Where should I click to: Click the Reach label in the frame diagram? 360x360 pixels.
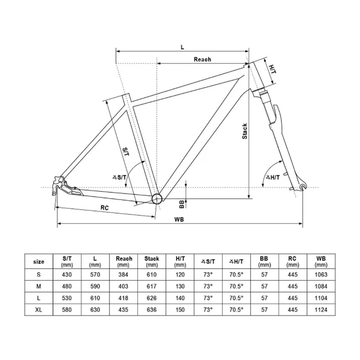(x=202, y=59)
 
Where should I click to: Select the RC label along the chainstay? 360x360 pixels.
(x=105, y=207)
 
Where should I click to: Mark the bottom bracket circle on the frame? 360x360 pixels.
(x=156, y=197)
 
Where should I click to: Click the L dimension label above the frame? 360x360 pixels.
(x=182, y=47)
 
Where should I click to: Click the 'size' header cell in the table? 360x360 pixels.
(x=39, y=262)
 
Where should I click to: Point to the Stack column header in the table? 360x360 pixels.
(x=152, y=262)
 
